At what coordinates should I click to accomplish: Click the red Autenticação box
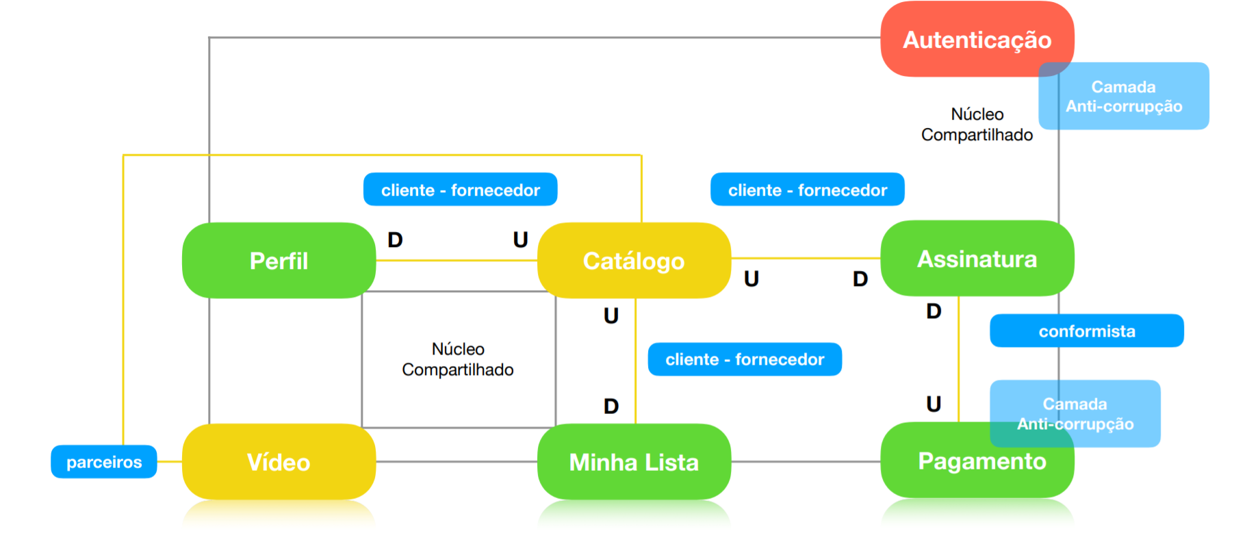pyautogui.click(x=976, y=39)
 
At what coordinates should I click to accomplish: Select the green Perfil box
pyautogui.click(x=279, y=261)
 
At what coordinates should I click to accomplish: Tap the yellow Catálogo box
pyautogui.click(x=634, y=261)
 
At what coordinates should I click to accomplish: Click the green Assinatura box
pyautogui.click(x=977, y=259)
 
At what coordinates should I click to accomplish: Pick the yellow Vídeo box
pyautogui.click(x=279, y=462)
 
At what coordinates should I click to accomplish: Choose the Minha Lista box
pyautogui.click(x=634, y=462)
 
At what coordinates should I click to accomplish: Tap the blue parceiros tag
pyautogui.click(x=104, y=462)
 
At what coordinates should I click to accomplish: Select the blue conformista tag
pyautogui.click(x=1086, y=331)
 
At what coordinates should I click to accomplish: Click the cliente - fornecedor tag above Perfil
pyautogui.click(x=460, y=190)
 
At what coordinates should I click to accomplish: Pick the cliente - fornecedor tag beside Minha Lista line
pyautogui.click(x=745, y=359)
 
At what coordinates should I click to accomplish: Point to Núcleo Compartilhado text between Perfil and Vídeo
pyautogui.click(x=458, y=359)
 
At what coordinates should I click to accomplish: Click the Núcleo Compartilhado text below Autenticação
pyautogui.click(x=977, y=125)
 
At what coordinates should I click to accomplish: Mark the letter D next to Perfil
pyautogui.click(x=395, y=240)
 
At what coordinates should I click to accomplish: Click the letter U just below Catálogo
pyautogui.click(x=611, y=315)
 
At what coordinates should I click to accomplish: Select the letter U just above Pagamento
pyautogui.click(x=934, y=404)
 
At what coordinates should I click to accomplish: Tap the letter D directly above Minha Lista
pyautogui.click(x=611, y=406)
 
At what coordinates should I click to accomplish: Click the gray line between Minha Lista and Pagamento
pyautogui.click(x=806, y=462)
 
